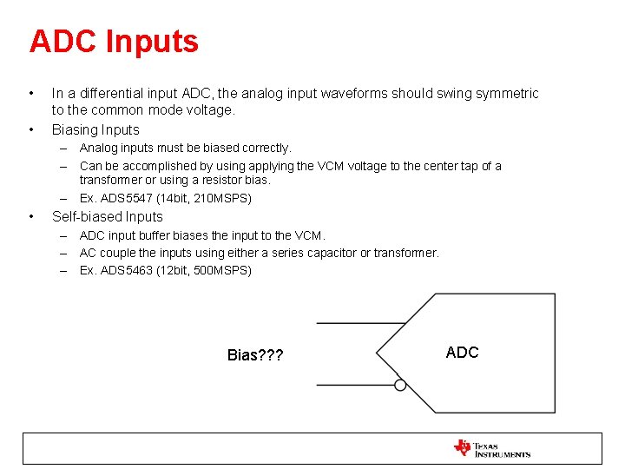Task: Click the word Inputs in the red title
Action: pos(157,42)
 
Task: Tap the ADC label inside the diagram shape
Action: pos(462,352)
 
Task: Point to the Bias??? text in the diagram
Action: pos(254,355)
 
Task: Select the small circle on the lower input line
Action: pos(400,385)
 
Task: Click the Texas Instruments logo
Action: pos(491,448)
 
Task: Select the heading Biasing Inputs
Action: pos(95,129)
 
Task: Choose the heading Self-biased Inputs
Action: pos(108,216)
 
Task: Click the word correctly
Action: pos(264,149)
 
